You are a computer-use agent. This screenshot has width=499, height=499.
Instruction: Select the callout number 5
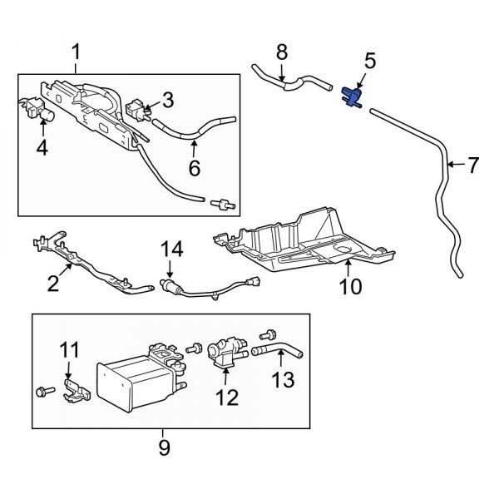click(x=370, y=61)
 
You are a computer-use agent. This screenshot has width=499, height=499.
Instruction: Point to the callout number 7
click(x=473, y=166)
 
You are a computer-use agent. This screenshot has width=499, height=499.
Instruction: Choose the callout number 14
click(x=170, y=247)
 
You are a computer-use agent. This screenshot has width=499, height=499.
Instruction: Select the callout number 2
click(x=54, y=284)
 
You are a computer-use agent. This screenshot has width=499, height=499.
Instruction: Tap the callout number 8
click(x=281, y=53)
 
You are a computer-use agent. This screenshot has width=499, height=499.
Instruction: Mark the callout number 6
click(x=194, y=167)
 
